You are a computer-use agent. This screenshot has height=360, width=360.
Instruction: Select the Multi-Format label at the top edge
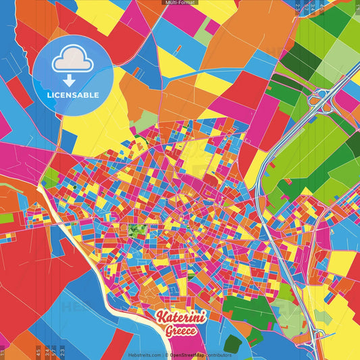tap(180, 3)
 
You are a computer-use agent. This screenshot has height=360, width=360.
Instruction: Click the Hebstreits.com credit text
tap(143, 355)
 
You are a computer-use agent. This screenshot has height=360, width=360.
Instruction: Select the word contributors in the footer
tap(217, 355)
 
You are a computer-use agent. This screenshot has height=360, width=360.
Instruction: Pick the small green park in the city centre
tap(137, 231)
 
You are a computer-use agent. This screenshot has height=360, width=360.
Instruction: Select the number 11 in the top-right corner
tap(357, 7)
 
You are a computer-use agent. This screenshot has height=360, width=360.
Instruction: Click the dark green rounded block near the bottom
tap(233, 343)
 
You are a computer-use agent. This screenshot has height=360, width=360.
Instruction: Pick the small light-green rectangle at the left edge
tap(6, 218)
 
